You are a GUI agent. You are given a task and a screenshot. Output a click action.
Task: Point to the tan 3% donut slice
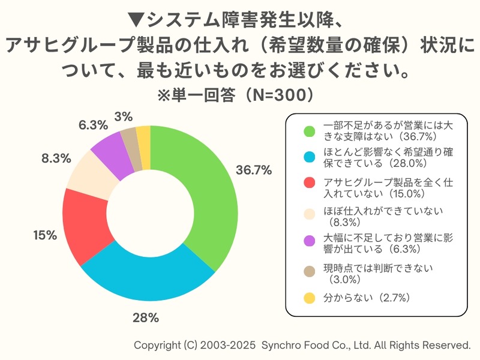point(129,139)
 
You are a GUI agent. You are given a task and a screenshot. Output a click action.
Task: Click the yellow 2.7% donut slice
point(143,136)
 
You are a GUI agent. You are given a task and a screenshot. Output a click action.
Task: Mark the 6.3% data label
point(93,125)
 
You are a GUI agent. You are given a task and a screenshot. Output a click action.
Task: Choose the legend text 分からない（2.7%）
point(366,297)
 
